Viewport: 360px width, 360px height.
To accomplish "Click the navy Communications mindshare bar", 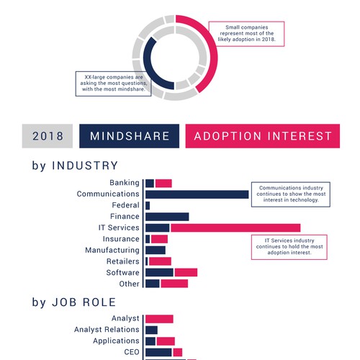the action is tap(197, 194).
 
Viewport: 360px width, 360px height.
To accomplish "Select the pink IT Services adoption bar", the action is tap(235, 228).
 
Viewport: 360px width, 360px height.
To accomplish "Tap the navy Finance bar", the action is tap(167, 217).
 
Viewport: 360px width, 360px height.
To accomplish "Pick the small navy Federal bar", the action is tap(148, 205).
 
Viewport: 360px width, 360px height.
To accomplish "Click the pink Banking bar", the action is tap(163, 184).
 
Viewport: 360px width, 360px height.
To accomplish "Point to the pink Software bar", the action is tap(186, 272).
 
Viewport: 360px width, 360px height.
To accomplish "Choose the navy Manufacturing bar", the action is tap(156, 250).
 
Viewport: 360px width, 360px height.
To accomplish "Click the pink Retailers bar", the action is tap(160, 261).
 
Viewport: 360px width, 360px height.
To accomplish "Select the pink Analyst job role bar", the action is tap(159, 319).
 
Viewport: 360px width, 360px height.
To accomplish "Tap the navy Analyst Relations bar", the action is tap(151, 330).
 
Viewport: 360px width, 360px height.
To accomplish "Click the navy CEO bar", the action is tap(158, 352).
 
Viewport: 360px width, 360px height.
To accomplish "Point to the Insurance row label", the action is tap(121, 239).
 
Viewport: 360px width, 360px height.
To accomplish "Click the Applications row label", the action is tap(116, 341).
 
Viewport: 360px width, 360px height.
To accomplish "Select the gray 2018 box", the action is tap(48, 136).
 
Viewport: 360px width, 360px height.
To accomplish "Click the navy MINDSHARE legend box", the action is tap(129, 136).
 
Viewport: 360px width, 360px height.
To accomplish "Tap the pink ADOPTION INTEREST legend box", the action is tap(263, 136).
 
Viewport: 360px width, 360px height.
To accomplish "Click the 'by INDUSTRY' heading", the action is tap(75, 166).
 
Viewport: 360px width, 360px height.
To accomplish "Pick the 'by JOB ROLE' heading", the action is tap(74, 302).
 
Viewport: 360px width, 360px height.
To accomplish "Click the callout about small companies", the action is tap(246, 34).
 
